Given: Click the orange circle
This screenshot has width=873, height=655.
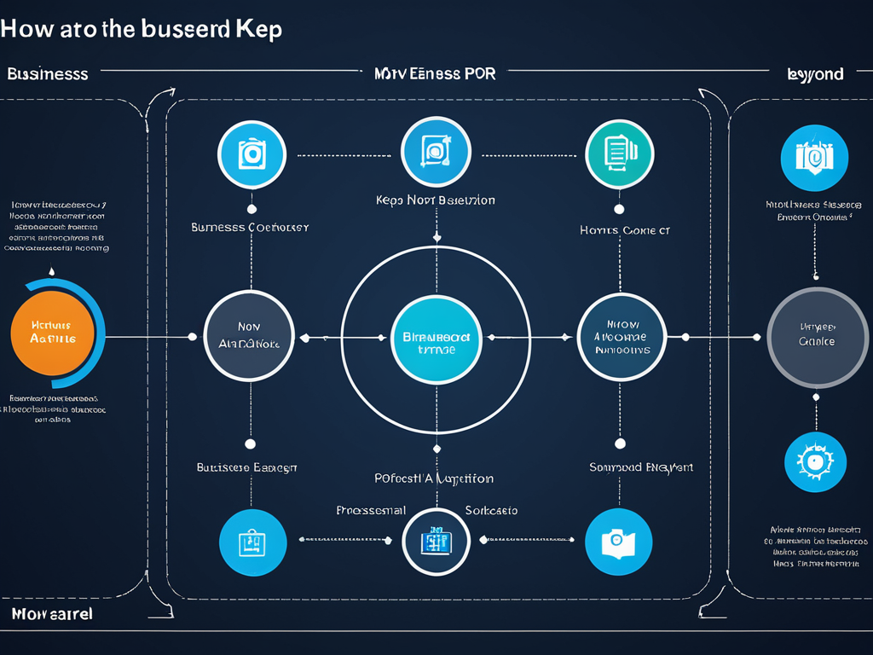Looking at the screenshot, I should [x=52, y=333].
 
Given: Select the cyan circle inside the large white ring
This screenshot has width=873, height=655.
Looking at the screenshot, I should [x=435, y=337].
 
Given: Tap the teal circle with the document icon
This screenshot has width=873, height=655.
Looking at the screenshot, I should [x=619, y=154].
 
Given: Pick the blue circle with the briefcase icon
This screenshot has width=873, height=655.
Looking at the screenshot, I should [x=252, y=542].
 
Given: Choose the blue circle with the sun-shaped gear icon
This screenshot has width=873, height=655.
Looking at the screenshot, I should [x=814, y=461].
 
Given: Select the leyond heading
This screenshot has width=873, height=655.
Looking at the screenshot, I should [x=815, y=74].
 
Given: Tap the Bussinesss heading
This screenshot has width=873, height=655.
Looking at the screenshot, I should [x=47, y=74].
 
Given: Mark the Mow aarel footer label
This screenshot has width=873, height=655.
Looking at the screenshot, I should [x=52, y=614].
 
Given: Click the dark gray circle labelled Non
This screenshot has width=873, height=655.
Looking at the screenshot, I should [x=249, y=335].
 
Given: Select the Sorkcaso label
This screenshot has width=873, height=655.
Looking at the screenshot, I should [x=491, y=510].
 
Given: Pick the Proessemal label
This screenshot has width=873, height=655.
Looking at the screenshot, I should [x=371, y=510].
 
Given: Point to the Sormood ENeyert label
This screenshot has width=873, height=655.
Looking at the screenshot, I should [x=640, y=467].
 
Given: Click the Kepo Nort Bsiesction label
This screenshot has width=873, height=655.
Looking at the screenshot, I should [x=435, y=200].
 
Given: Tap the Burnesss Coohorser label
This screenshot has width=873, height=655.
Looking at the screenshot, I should [x=250, y=228].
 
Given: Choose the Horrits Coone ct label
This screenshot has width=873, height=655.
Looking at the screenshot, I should [x=624, y=229].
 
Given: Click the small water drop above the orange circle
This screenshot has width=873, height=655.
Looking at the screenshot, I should [x=52, y=272].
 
